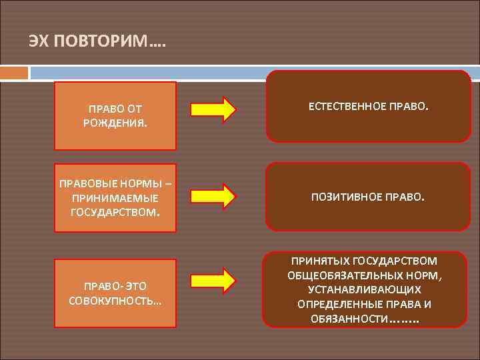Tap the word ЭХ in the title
point(39,42)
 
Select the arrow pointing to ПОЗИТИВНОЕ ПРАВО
point(213,195)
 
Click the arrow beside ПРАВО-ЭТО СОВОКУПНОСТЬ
point(213,280)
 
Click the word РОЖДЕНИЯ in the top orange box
point(115,123)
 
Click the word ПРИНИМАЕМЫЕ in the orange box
point(115,198)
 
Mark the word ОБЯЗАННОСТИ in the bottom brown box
point(349,319)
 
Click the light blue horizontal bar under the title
point(253,71)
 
